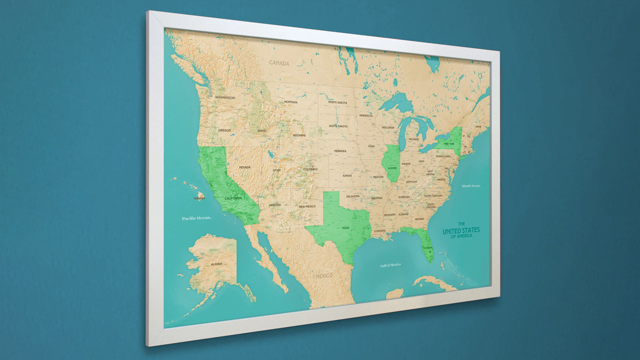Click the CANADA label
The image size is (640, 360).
pos(279,63)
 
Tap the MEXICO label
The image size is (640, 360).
pos(324,276)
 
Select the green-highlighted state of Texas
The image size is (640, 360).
pos(340,225)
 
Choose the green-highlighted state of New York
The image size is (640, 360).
pos(450,142)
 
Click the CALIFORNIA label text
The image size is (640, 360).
pos(233,198)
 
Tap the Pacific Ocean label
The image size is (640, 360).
pos(196,218)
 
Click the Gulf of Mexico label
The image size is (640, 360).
pos(390,264)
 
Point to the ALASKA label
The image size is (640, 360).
pos(216,263)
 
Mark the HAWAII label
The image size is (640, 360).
pos(199,198)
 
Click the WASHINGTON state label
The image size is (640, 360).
pos(224,97)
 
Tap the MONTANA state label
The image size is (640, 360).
pos(290,102)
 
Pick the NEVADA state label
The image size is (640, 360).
pos(244,167)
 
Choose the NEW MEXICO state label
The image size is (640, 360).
pos(307,206)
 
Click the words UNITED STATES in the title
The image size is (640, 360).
pos(461,230)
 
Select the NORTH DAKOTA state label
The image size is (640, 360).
pos(337,102)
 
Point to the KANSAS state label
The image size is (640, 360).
pos(347,175)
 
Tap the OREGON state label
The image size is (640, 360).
pos(224,130)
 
